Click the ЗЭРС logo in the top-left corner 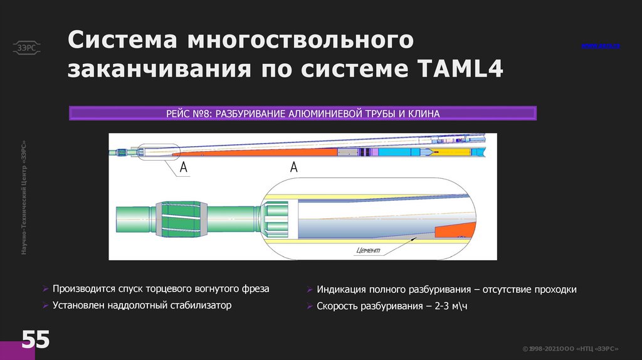pos(26,46)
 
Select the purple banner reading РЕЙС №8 pos(303,114)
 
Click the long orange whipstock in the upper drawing pos(263,152)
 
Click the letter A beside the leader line pos(184,167)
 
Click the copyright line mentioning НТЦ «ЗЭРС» pos(571,349)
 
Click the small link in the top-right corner pos(600,46)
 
